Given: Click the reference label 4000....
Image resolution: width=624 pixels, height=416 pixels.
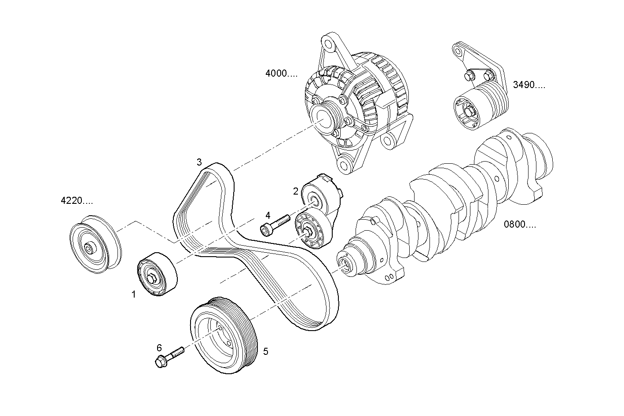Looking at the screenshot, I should [x=281, y=74].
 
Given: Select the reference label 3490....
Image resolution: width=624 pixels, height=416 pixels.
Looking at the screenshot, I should [x=529, y=85].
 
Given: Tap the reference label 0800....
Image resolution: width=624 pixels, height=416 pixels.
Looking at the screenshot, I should [x=520, y=225].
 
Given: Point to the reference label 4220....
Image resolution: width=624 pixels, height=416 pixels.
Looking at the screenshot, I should [x=77, y=201].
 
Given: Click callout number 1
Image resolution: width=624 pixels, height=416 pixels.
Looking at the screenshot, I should [x=134, y=295].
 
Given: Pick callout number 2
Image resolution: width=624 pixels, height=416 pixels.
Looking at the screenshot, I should [x=296, y=191].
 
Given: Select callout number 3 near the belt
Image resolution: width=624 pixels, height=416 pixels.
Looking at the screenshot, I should [x=199, y=162].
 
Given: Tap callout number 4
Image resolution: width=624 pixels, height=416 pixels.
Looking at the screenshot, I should [x=268, y=215].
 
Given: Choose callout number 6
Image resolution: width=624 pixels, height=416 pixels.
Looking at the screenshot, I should [x=159, y=348].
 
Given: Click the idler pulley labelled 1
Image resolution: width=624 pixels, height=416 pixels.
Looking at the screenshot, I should [x=156, y=275].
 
